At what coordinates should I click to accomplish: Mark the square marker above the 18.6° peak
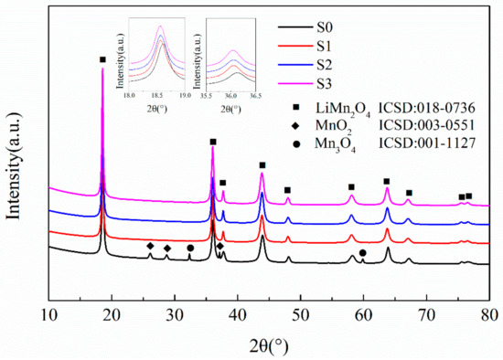[x=102, y=60]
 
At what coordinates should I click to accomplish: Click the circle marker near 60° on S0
[x=363, y=252]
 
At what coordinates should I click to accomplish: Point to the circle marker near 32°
[x=190, y=248]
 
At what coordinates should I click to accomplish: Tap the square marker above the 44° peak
[x=262, y=165]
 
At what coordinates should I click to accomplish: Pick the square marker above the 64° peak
[x=387, y=181]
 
